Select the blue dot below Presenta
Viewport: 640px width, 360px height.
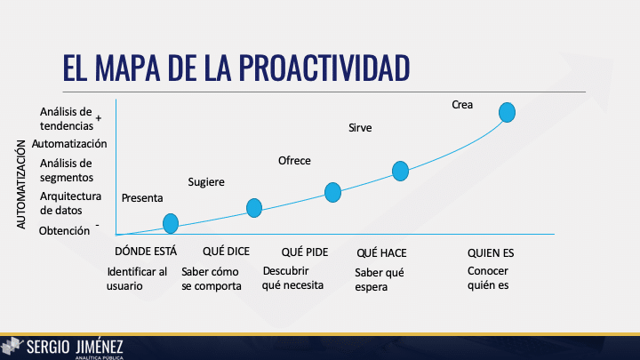tap(171, 223)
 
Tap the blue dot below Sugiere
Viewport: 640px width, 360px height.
tap(254, 208)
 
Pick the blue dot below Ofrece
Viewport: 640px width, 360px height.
tap(332, 191)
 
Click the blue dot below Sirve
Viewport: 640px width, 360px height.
tap(400, 171)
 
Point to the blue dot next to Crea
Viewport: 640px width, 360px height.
tap(508, 112)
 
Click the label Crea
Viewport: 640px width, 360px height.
tap(462, 105)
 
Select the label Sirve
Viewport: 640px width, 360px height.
tap(360, 128)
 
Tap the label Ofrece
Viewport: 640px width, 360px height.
tap(294, 160)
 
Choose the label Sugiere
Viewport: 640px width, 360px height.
tap(206, 182)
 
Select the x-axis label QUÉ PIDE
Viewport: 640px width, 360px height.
tap(305, 252)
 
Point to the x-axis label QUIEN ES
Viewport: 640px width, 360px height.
tap(491, 252)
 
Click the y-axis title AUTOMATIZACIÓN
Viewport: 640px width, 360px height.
tap(22, 182)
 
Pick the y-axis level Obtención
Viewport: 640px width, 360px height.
tap(64, 231)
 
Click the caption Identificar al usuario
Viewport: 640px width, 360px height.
tap(137, 279)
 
